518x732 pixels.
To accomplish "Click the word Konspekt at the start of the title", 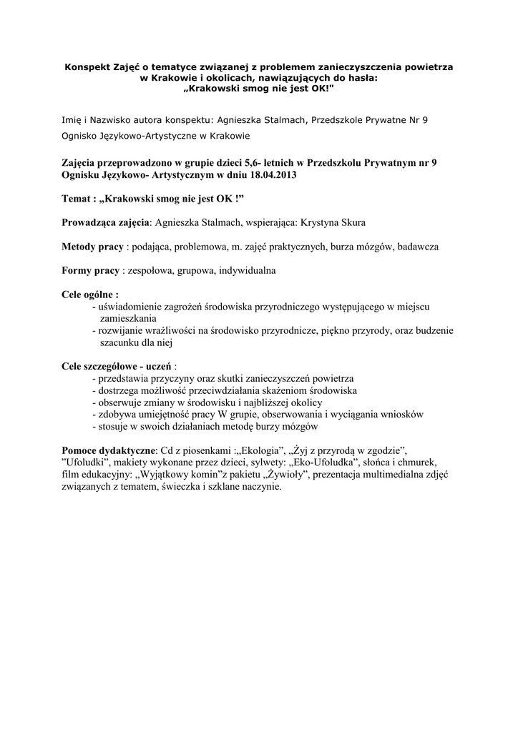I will point(87,66).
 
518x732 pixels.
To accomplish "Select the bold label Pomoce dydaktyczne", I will point(109,451).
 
